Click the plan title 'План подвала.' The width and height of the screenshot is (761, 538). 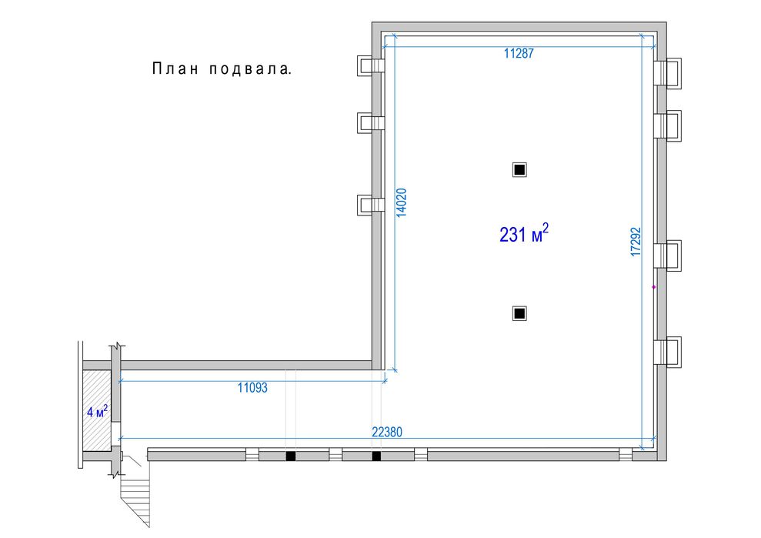pyautogui.click(x=222, y=69)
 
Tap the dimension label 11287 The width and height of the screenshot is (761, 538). pyautogui.click(x=519, y=53)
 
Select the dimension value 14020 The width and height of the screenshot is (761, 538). pyautogui.click(x=402, y=202)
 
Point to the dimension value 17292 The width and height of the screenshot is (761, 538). pyautogui.click(x=636, y=242)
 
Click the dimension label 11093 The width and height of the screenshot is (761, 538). pyautogui.click(x=252, y=387)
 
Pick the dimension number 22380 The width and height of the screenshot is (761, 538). pyautogui.click(x=387, y=432)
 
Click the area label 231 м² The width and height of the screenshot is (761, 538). pyautogui.click(x=524, y=233)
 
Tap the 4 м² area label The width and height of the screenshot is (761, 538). pyautogui.click(x=98, y=412)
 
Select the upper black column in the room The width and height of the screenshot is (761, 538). pyautogui.click(x=519, y=170)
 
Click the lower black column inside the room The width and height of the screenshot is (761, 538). pyautogui.click(x=519, y=314)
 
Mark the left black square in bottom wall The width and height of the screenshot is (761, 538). pyautogui.click(x=290, y=456)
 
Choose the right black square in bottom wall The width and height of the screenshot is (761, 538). pyautogui.click(x=376, y=456)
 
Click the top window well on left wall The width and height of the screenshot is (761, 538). pyautogui.click(x=370, y=65)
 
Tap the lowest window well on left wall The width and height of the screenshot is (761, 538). pyautogui.click(x=370, y=205)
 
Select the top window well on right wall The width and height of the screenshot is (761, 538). pyautogui.click(x=667, y=73)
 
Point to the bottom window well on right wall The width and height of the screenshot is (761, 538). pyautogui.click(x=667, y=351)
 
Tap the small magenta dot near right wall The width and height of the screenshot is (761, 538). pyautogui.click(x=654, y=287)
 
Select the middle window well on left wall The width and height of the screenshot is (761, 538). pyautogui.click(x=370, y=122)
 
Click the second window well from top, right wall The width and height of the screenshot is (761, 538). pyautogui.click(x=667, y=125)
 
